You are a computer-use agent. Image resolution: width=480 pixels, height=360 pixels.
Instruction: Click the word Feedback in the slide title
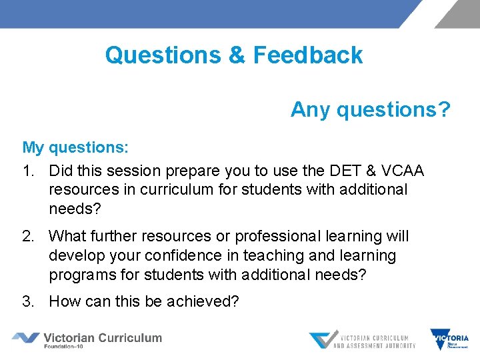point(308,55)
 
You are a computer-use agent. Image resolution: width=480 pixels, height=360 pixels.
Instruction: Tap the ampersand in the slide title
point(237,55)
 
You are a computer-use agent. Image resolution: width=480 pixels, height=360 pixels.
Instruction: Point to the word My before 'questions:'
point(33,147)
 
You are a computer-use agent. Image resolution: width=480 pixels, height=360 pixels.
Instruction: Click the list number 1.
point(27,171)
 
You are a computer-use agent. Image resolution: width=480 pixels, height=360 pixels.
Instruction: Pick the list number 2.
point(27,236)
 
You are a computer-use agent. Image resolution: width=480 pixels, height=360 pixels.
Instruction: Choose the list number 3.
point(27,301)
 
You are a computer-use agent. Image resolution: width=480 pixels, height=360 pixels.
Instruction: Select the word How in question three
point(64,301)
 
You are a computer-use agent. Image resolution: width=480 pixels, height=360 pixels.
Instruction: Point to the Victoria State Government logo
point(449,340)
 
